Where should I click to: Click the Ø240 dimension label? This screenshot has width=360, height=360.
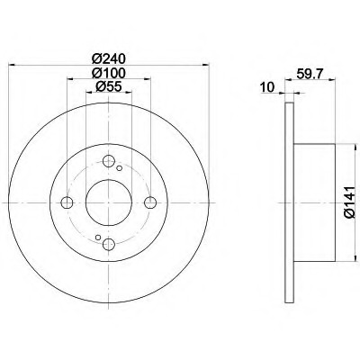click(108, 58)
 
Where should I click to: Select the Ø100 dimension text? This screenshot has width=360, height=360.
click(108, 73)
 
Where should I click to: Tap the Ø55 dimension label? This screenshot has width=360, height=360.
click(108, 86)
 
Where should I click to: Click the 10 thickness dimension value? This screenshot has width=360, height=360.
click(267, 87)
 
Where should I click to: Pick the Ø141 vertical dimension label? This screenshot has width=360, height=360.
click(350, 202)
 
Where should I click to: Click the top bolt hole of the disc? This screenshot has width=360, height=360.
click(109, 161)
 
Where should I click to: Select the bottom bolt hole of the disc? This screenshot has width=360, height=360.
click(109, 245)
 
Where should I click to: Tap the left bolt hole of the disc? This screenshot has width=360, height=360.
click(67, 202)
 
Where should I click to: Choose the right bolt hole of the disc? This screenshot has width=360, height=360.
click(150, 202)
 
